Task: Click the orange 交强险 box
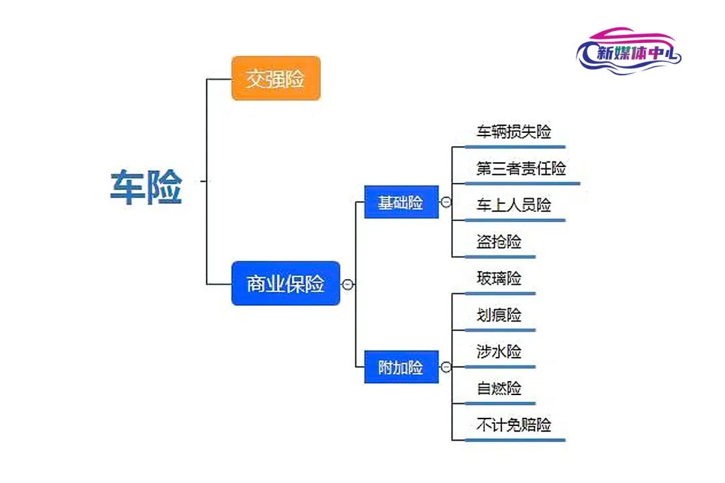pyautogui.click(x=276, y=78)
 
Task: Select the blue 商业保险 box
pyautogui.click(x=285, y=283)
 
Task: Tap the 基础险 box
pyautogui.click(x=401, y=202)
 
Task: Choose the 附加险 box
pyautogui.click(x=401, y=367)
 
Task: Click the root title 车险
pyautogui.click(x=146, y=186)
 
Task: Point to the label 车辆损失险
pyautogui.click(x=514, y=131)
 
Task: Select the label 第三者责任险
pyautogui.click(x=521, y=168)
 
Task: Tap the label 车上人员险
pyautogui.click(x=514, y=205)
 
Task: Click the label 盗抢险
pyautogui.click(x=499, y=241)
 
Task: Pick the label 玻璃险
pyautogui.click(x=499, y=278)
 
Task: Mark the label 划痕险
pyautogui.click(x=499, y=315)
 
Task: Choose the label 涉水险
pyautogui.click(x=499, y=352)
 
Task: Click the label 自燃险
pyautogui.click(x=499, y=388)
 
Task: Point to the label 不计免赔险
pyautogui.click(x=514, y=424)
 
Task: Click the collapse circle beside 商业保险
pyautogui.click(x=348, y=284)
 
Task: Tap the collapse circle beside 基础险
pyautogui.click(x=446, y=202)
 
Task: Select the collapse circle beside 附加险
pyautogui.click(x=446, y=367)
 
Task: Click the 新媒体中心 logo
pyautogui.click(x=629, y=51)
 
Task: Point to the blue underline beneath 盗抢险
pyautogui.click(x=500, y=256)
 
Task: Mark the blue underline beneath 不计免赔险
pyautogui.click(x=515, y=440)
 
